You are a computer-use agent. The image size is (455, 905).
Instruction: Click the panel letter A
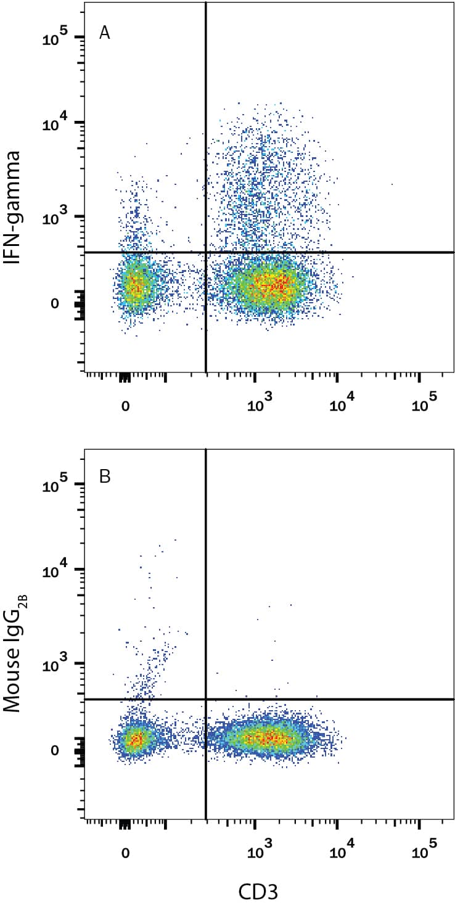point(105,33)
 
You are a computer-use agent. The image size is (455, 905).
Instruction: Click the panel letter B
point(105,478)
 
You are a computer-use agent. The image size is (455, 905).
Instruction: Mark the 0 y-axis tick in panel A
point(56,304)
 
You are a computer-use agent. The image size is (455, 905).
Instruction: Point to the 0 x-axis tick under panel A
point(125,406)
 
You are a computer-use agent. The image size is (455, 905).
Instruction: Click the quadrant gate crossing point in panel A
point(205,252)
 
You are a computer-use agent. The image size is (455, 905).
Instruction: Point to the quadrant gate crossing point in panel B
point(205,699)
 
